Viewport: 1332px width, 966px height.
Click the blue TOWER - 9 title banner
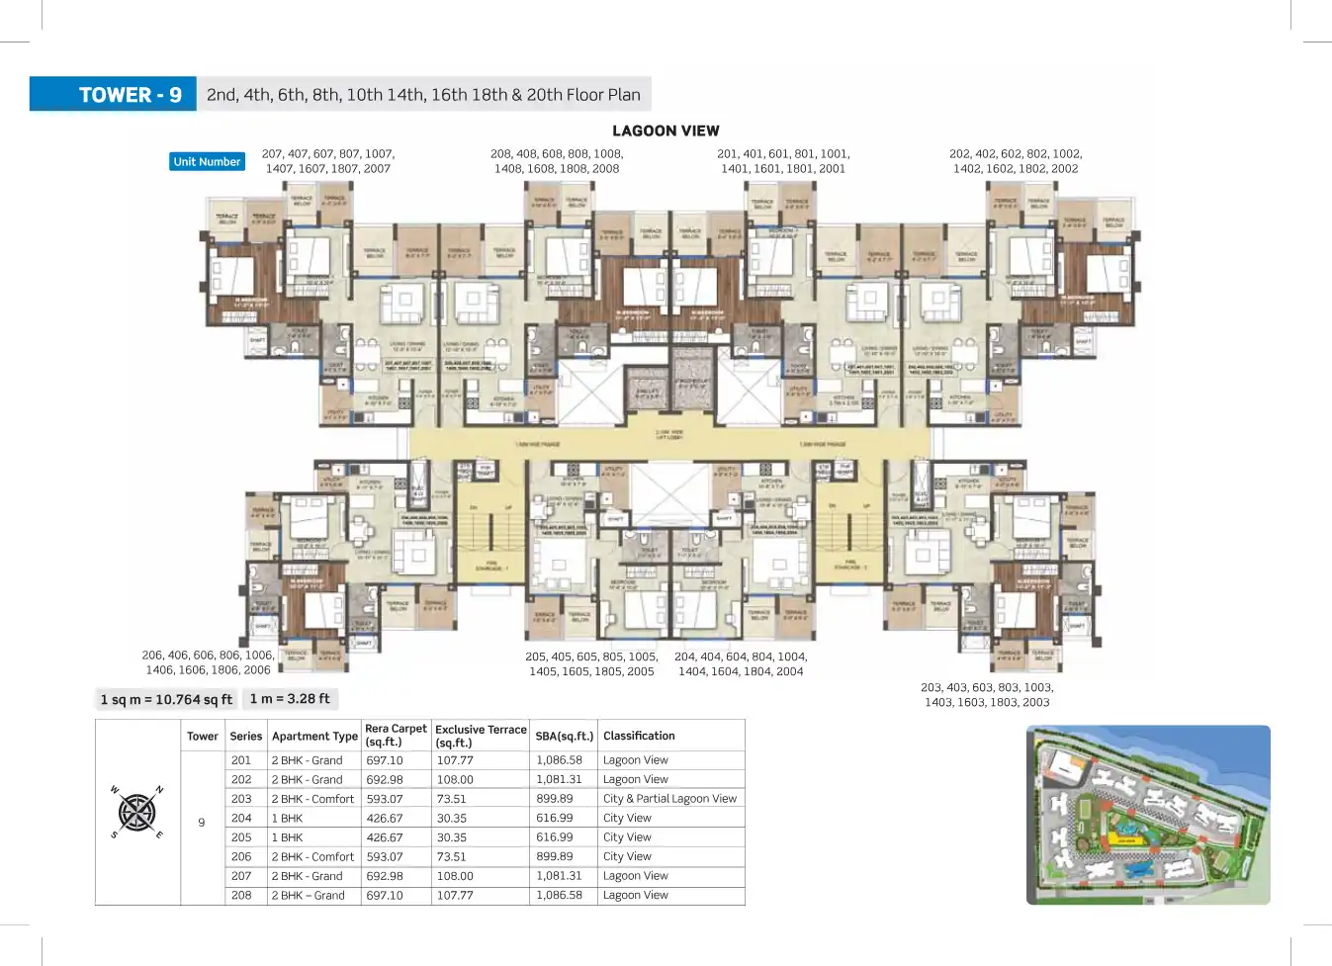tap(113, 95)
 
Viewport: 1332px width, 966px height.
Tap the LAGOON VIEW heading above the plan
tap(666, 131)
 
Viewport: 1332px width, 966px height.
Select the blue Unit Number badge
tap(207, 161)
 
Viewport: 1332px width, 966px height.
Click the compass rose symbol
tap(136, 813)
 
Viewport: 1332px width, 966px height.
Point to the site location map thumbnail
tap(1148, 815)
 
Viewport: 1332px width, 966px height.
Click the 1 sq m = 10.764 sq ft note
tap(166, 699)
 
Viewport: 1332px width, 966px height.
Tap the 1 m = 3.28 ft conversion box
tap(290, 698)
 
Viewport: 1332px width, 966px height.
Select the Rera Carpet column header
tap(396, 735)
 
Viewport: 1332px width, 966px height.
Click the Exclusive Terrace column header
tap(481, 736)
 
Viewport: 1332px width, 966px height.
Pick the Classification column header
tap(639, 736)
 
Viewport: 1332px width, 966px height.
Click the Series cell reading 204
tap(241, 818)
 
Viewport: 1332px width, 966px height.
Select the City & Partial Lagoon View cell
tap(669, 799)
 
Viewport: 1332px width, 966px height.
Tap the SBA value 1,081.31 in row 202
tap(559, 779)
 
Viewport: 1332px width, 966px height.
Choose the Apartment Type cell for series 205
tap(288, 837)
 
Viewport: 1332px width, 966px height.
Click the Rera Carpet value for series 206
tap(385, 856)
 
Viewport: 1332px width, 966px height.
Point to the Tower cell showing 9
tap(202, 823)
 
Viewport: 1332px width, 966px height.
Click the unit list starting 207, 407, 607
tap(328, 161)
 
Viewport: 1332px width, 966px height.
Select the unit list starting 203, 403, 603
tap(987, 694)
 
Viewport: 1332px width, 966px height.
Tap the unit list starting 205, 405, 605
tap(591, 663)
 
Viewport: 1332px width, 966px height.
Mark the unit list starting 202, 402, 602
tap(1016, 161)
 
